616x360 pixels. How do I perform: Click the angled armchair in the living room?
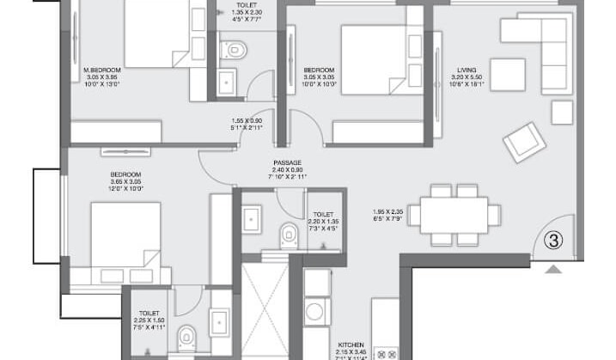coord(524,142)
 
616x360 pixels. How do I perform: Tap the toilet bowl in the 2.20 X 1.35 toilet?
coord(289,235)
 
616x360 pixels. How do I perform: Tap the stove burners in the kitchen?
coord(386,353)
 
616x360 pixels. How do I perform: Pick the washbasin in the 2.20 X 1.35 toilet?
coord(253,221)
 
